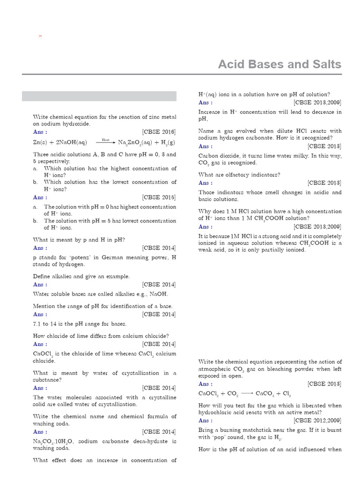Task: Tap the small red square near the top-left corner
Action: pyautogui.click(x=40, y=37)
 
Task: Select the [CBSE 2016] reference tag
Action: pyautogui.click(x=159, y=132)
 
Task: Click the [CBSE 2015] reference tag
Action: pyautogui.click(x=159, y=197)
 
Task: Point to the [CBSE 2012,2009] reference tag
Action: pyautogui.click(x=318, y=421)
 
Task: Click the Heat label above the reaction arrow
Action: pyautogui.click(x=106, y=140)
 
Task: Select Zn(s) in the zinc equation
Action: pyautogui.click(x=41, y=142)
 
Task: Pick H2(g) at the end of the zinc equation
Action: pyautogui.click(x=167, y=142)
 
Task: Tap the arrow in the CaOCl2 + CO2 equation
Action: pyautogui.click(x=246, y=393)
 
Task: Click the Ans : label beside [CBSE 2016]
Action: pyautogui.click(x=40, y=132)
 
